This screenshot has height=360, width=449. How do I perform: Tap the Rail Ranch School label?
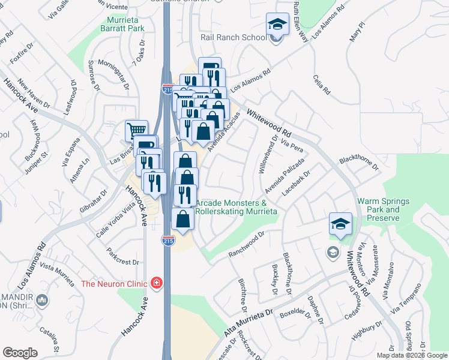(234, 38)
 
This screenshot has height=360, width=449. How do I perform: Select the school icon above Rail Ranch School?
(277, 25)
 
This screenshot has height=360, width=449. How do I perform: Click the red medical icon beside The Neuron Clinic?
(156, 282)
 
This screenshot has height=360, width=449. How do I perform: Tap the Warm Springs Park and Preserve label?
(378, 209)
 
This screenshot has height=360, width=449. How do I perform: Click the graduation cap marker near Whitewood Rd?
(340, 225)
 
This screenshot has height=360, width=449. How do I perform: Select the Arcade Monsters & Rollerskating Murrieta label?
(236, 208)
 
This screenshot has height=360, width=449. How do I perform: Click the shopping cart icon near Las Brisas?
(136, 130)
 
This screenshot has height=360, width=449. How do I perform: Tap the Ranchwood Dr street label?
(246, 245)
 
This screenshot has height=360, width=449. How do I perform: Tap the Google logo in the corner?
(20, 353)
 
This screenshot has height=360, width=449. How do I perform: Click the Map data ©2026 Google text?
(412, 355)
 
